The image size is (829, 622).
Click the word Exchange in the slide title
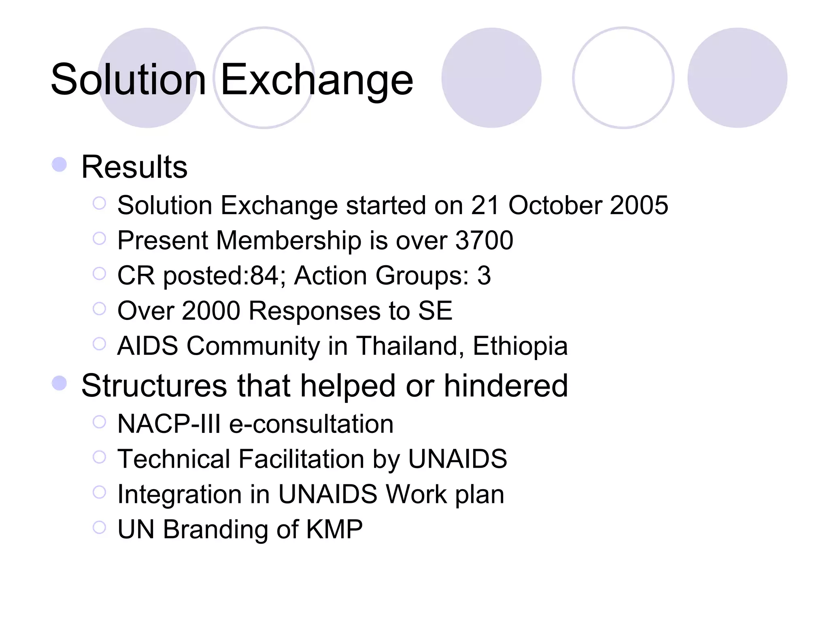(x=317, y=80)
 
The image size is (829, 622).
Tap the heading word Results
(x=134, y=167)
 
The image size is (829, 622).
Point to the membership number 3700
(x=484, y=241)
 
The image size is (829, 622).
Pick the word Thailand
(x=410, y=346)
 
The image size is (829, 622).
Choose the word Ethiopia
(x=520, y=346)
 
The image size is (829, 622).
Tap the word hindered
(x=506, y=386)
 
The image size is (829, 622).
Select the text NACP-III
(x=169, y=424)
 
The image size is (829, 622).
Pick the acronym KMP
(x=334, y=529)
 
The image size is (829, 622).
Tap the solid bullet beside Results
(x=60, y=165)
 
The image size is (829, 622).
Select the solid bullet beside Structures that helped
(x=60, y=383)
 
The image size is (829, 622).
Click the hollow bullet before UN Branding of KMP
(x=99, y=527)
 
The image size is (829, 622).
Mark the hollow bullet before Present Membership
(x=99, y=239)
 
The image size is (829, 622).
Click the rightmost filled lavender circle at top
(x=737, y=78)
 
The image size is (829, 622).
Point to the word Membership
(x=289, y=241)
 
